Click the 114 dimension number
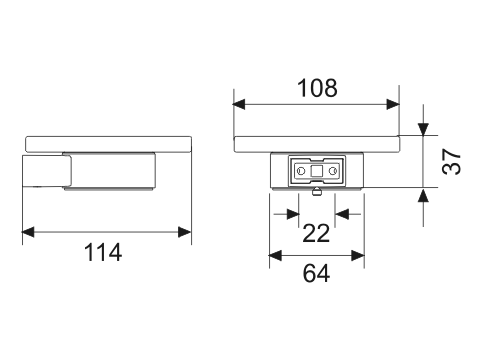pyautogui.click(x=103, y=252)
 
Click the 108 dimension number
pyautogui.click(x=317, y=88)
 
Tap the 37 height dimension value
pyautogui.click(x=452, y=162)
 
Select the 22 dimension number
pyautogui.click(x=316, y=233)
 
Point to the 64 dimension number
pyautogui.click(x=316, y=273)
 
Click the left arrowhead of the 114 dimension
pyautogui.click(x=28, y=232)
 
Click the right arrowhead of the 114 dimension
pyautogui.click(x=185, y=232)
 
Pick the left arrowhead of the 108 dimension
pyautogui.click(x=239, y=104)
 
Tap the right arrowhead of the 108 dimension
pyautogui.click(x=393, y=104)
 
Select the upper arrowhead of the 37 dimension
pyautogui.click(x=423, y=129)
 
